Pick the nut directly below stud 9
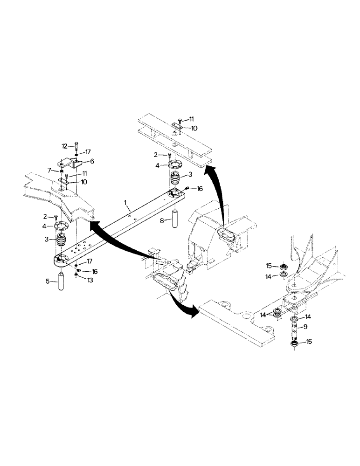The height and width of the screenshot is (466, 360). point(294,344)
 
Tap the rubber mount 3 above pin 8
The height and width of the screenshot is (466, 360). point(175,179)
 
